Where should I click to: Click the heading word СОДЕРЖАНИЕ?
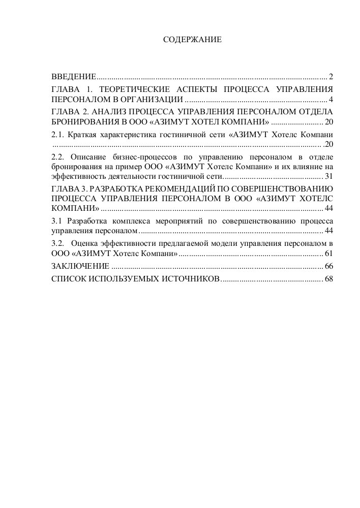(192, 39)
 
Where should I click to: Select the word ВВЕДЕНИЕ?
(74, 77)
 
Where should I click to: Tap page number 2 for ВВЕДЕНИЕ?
(331, 77)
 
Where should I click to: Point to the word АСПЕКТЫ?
(197, 89)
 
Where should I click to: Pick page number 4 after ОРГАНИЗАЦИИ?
(331, 99)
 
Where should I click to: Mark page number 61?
(328, 253)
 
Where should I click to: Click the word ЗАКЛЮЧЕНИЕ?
(80, 266)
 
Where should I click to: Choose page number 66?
(328, 266)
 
